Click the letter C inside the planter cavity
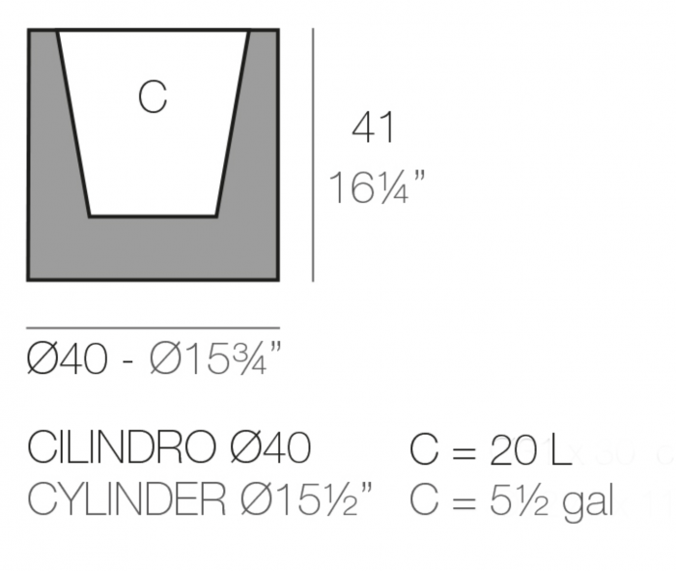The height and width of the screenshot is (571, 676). tap(153, 97)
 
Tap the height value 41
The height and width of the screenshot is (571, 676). tap(374, 128)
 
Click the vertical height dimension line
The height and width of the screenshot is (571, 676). tap(313, 155)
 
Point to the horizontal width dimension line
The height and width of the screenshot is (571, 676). tap(153, 328)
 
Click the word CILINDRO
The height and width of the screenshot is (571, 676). tap(123, 448)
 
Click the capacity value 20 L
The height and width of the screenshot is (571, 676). tap(530, 449)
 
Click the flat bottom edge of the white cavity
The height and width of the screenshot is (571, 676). tap(153, 215)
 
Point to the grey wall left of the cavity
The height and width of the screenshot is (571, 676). tap(52, 145)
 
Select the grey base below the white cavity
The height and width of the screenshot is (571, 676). tap(153, 248)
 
